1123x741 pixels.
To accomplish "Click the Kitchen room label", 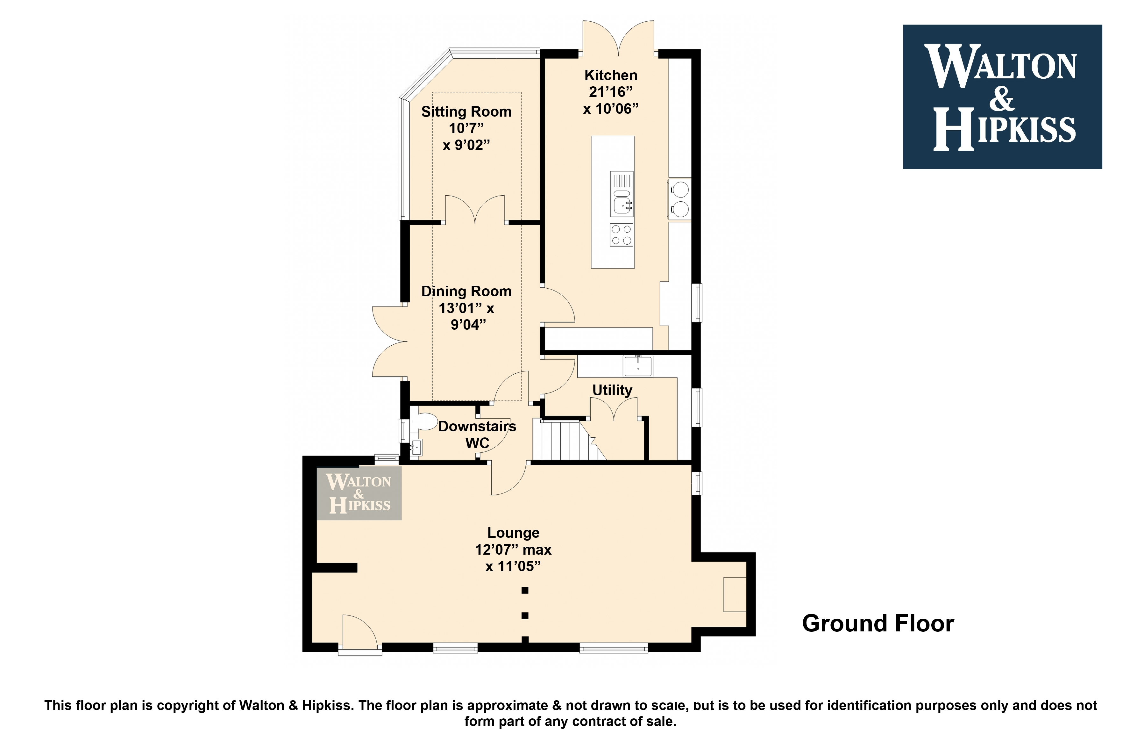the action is coord(611,75).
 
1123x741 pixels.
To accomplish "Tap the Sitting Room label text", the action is coord(466,112).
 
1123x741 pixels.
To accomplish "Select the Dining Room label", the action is coord(466,291).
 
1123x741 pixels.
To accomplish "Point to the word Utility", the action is coord(612,390).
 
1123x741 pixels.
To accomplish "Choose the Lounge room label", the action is coord(513,533).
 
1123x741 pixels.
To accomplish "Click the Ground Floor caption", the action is coord(878,623).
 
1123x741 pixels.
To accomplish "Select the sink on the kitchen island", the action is coord(622,194).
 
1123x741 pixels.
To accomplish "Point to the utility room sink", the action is coord(638,366).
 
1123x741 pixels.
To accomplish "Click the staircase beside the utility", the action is coord(569,441).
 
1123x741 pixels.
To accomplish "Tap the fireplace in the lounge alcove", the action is coord(735,594).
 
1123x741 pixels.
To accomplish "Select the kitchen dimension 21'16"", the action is coord(611,92).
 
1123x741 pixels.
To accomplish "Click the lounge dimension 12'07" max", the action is coord(513,550).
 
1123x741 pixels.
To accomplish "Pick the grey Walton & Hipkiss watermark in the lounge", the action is coord(359,493).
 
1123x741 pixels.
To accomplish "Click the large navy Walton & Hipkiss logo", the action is coord(1002,97).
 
